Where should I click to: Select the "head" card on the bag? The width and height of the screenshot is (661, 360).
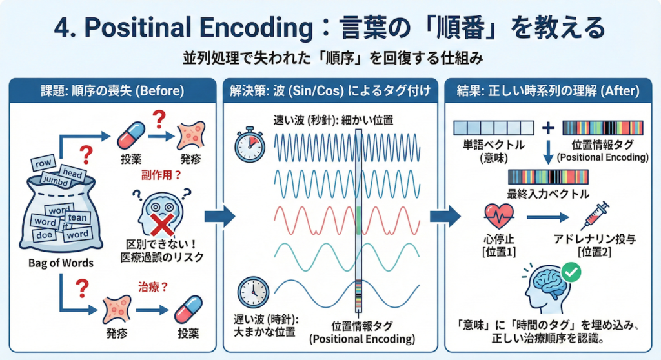70,172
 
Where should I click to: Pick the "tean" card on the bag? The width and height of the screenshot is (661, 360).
77,218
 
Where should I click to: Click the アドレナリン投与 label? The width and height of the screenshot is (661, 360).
595,239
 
